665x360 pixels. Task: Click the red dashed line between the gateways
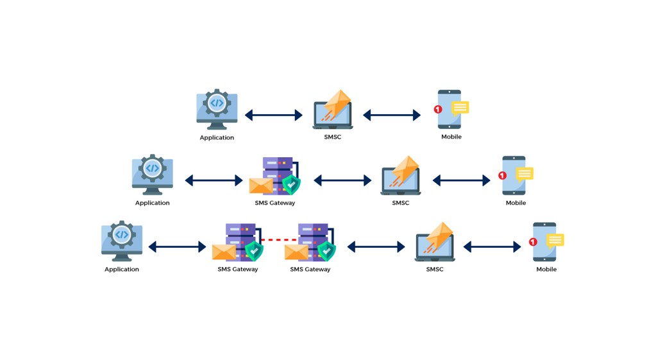[279, 240]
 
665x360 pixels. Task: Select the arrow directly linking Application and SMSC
[274, 115]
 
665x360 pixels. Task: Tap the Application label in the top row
[217, 137]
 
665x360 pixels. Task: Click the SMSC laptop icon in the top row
[332, 110]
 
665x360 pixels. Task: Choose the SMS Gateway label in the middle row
[275, 203]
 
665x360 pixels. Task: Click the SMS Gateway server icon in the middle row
[275, 176]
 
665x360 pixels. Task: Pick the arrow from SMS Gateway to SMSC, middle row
[342, 180]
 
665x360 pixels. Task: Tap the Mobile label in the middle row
[516, 203]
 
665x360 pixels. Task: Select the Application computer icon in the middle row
[152, 175]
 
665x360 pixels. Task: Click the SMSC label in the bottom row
[435, 269]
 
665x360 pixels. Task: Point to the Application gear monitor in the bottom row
[122, 241]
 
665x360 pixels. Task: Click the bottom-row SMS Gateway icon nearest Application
[238, 242]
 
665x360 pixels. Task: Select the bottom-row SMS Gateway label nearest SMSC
[310, 269]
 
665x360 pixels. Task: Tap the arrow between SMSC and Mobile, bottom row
[492, 246]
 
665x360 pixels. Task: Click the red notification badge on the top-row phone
[438, 110]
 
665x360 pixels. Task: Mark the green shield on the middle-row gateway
[291, 185]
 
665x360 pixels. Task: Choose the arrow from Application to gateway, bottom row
[177, 246]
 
